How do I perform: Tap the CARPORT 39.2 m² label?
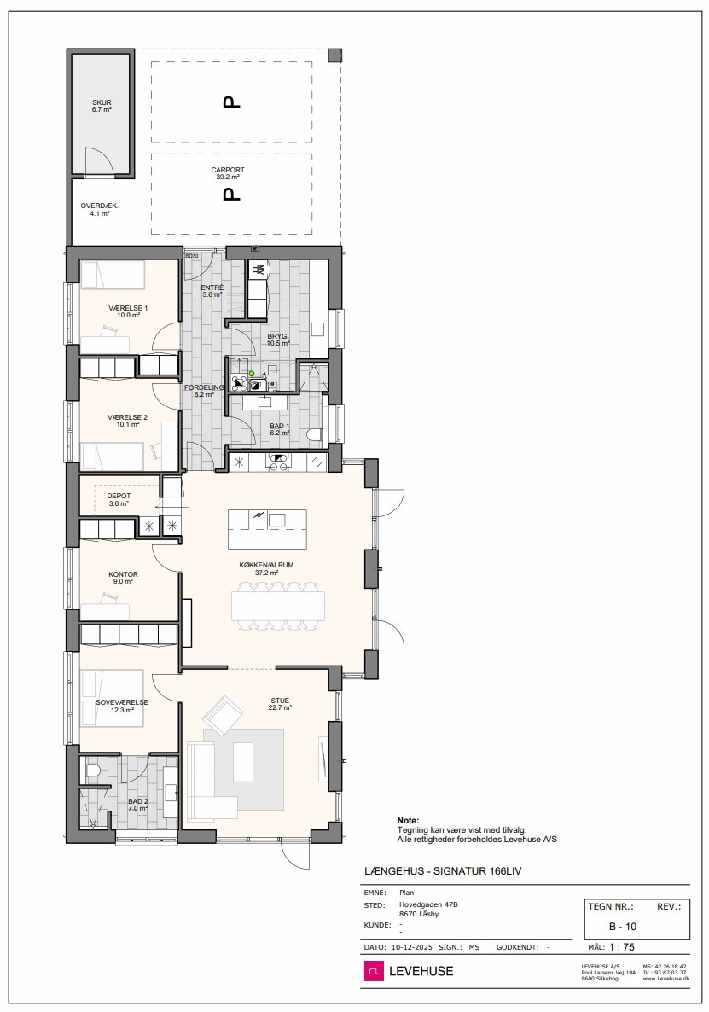[x=228, y=173]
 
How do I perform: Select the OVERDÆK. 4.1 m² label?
[x=99, y=209]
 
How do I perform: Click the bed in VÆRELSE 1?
[x=113, y=274]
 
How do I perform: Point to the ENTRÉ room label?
[x=212, y=288]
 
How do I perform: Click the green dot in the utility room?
[x=252, y=374]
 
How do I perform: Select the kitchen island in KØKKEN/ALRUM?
[x=267, y=528]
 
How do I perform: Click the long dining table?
[x=278, y=606]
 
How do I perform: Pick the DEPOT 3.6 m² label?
[x=119, y=499]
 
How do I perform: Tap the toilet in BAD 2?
[x=93, y=770]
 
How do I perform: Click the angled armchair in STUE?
[x=224, y=714]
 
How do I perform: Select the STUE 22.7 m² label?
[x=280, y=704]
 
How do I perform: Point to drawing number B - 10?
[x=623, y=927]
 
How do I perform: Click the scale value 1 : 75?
[x=622, y=947]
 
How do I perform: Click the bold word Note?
[x=408, y=821]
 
